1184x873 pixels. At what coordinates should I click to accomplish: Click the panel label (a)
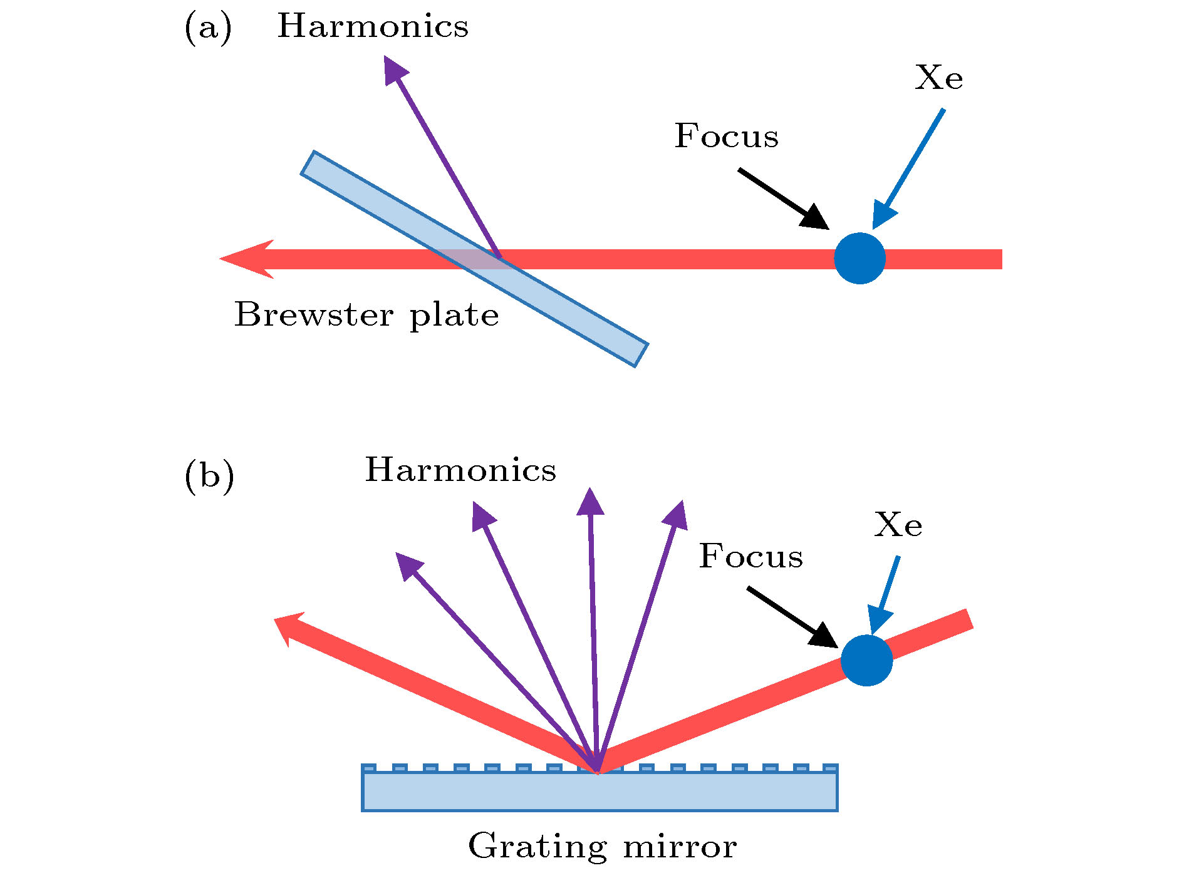[208, 28]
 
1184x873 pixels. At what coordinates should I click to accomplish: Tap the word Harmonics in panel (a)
[373, 26]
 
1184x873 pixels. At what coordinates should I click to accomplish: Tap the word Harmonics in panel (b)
[460, 470]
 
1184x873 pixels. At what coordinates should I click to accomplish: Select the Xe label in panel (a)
[938, 78]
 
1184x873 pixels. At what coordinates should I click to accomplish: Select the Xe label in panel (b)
[898, 525]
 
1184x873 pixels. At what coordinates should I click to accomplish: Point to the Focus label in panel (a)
[726, 137]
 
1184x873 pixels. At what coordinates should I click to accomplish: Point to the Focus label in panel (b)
[750, 556]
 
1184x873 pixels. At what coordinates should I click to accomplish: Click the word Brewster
[314, 314]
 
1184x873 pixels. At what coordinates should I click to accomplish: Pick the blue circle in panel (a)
[859, 259]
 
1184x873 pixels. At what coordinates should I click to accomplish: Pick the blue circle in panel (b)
[866, 661]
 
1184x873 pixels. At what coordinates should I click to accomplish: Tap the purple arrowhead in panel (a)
[393, 69]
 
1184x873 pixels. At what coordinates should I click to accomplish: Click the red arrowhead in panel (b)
[290, 628]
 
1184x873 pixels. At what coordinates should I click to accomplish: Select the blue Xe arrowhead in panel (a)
[883, 216]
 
